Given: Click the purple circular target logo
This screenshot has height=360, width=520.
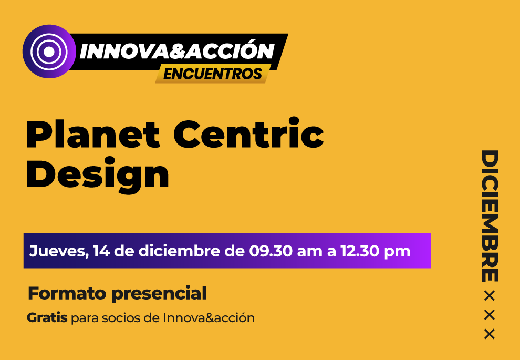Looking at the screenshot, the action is point(49,52).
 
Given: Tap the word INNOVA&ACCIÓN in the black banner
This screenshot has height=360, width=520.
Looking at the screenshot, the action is point(177,51).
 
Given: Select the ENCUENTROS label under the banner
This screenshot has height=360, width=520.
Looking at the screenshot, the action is point(213,74).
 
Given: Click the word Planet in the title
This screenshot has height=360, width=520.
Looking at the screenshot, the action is point(93,134).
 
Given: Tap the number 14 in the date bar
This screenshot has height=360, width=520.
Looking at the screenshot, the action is point(101,251).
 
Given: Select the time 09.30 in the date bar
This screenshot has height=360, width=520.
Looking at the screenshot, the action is point(271,251).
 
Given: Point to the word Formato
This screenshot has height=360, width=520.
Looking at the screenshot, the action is point(67,293).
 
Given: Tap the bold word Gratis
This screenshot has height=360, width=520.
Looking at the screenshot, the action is point(47,318).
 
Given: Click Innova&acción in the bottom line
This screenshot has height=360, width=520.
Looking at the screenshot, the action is point(209,318).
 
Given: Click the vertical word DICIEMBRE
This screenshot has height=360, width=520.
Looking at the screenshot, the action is point(490,216).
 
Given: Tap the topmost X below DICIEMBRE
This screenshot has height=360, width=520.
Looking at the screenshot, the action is point(490,296).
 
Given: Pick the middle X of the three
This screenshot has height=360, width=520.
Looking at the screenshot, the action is point(490,315).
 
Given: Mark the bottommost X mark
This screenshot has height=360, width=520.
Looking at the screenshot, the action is point(490,334).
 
